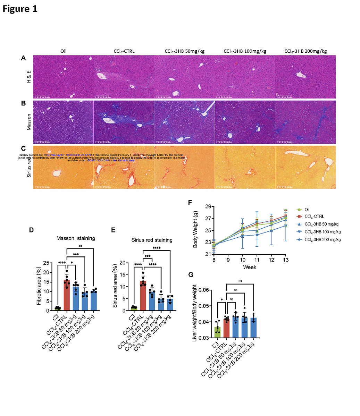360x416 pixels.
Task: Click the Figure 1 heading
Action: pos(20,9)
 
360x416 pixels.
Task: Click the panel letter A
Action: pos(23,58)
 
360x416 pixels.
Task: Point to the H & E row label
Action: pos(29,77)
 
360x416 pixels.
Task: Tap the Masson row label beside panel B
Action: pos(29,122)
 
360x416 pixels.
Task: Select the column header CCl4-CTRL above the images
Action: pos(124,51)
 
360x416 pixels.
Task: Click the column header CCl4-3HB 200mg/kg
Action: pos(305,51)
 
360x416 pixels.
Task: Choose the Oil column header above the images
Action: pos(63,51)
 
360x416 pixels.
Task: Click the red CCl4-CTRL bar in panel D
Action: pos(67,295)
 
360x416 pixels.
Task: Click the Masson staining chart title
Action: pos(76,238)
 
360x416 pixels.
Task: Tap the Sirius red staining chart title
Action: pos(152,240)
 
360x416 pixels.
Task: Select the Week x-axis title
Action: pos(250,267)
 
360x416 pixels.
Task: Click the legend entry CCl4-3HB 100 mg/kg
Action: pos(323,232)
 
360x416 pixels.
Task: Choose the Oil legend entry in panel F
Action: pos(307,210)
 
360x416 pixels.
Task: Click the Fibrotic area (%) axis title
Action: pos(39,287)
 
